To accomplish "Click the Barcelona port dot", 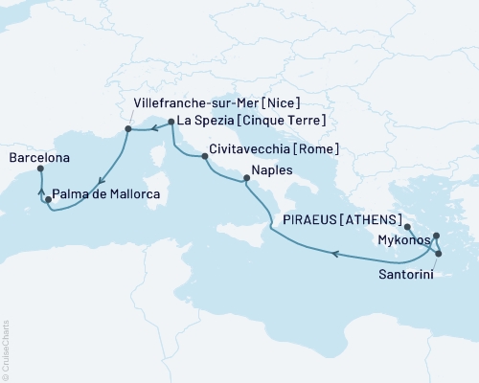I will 40,169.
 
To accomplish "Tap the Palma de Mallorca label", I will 106,194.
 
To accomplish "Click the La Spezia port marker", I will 171,122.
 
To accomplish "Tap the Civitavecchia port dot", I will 203,155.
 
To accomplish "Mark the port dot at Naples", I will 246,176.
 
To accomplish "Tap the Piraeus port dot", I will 407,227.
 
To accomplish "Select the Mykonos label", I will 403,240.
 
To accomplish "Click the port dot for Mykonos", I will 436,236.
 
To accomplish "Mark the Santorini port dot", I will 439,254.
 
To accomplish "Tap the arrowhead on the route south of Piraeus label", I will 334,253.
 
